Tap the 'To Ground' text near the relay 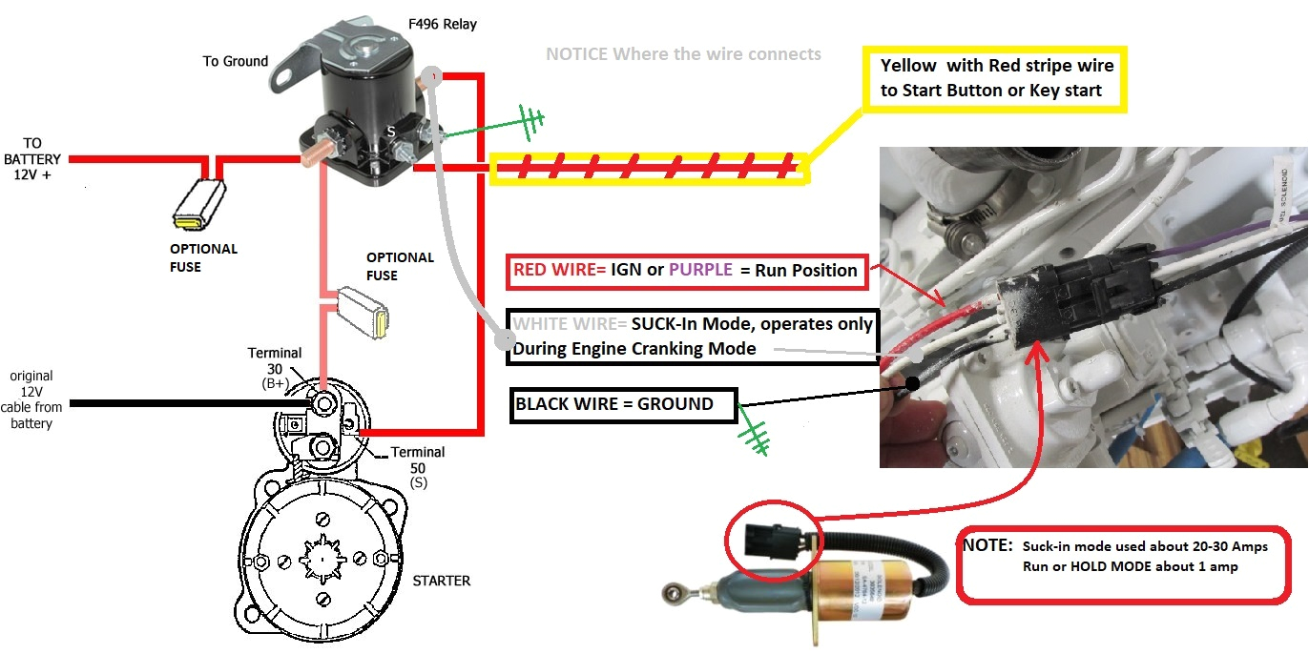coord(236,61)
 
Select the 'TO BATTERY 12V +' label coord(32,159)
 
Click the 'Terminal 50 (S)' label coord(418,467)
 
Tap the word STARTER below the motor coord(442,580)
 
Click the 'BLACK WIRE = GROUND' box coord(624,404)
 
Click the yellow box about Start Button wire coord(995,78)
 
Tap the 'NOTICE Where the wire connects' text coord(683,54)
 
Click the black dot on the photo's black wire coord(912,383)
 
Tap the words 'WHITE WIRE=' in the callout coord(570,324)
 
